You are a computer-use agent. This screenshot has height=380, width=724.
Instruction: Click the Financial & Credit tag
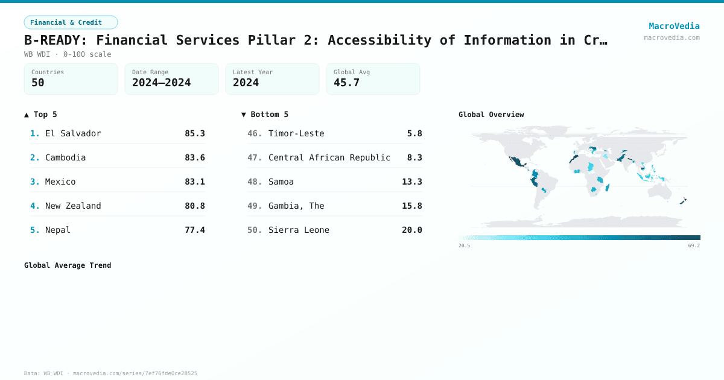pos(71,22)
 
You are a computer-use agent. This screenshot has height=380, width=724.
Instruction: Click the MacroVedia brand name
pos(674,26)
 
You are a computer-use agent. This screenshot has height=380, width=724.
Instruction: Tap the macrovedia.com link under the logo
pos(672,37)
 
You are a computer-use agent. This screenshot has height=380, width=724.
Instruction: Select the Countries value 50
pos(38,83)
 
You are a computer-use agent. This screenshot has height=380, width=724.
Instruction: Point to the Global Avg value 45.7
pos(346,83)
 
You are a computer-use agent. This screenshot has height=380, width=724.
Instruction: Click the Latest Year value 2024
pos(246,83)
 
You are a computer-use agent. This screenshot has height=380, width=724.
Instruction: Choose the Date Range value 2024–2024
pos(161,83)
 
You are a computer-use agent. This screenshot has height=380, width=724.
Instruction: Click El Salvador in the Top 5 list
pos(73,133)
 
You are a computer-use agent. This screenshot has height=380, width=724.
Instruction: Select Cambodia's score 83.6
pos(194,157)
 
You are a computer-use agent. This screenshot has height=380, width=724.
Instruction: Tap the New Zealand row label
pos(73,206)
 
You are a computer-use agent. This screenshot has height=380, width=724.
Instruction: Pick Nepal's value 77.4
pos(194,230)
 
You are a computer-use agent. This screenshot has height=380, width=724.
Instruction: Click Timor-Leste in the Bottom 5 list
pos(296,133)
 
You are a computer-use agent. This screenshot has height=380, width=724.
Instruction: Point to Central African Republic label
pos(329,157)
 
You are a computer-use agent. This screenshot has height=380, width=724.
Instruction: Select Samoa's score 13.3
pos(411,182)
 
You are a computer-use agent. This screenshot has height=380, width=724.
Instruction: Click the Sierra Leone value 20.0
pos(411,230)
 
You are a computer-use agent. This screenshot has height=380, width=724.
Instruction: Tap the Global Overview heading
pos(491,115)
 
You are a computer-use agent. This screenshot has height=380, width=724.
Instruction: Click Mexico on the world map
pos(516,161)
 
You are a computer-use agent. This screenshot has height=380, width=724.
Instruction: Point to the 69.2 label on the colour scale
pos(693,245)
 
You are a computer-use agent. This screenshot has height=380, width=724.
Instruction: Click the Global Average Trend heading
pos(68,265)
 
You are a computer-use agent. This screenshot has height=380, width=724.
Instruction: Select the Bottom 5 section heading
pos(265,115)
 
